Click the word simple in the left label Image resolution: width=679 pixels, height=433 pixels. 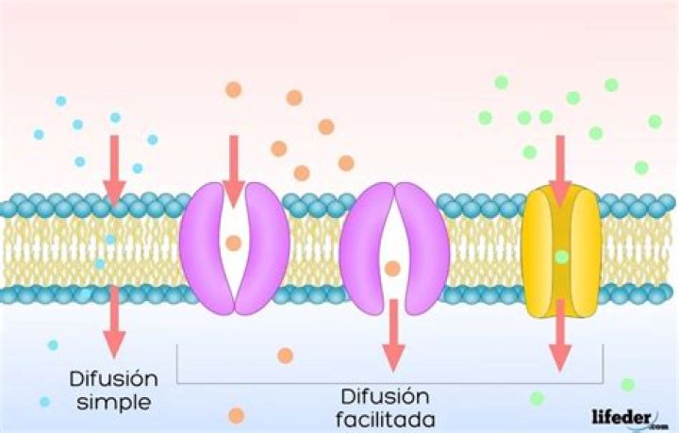click(x=111, y=403)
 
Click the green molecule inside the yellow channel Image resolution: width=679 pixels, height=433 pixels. click(x=562, y=256)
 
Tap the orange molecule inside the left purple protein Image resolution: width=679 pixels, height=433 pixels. click(x=234, y=243)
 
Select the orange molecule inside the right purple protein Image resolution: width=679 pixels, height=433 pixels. click(x=392, y=269)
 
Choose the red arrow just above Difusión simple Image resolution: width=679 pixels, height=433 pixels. click(x=113, y=321)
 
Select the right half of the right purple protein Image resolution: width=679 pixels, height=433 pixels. click(x=421, y=248)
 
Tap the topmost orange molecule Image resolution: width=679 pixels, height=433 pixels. click(x=233, y=90)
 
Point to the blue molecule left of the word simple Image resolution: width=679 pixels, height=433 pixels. click(x=44, y=402)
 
